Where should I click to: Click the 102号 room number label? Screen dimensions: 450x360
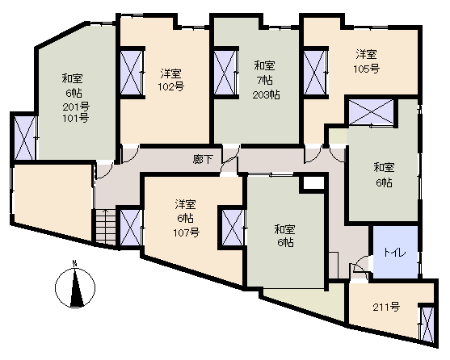click(171, 86)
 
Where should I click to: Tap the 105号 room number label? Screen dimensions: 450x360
click(367, 69)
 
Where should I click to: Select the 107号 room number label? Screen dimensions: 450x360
click(187, 232)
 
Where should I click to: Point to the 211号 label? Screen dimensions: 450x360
click(386, 307)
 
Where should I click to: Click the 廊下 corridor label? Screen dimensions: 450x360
click(203, 159)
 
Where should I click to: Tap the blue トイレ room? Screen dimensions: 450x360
click(395, 252)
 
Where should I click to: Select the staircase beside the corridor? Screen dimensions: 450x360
click(105, 228)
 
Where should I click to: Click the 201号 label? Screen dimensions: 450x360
click(76, 107)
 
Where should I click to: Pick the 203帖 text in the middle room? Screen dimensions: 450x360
click(266, 95)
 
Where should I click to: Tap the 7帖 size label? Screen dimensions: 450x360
click(265, 81)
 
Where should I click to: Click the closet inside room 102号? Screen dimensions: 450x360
click(131, 73)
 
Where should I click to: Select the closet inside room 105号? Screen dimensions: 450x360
click(315, 73)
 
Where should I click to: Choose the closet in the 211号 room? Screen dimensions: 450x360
click(427, 324)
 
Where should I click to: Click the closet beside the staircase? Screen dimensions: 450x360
click(131, 228)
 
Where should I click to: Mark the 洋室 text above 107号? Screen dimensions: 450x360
click(186, 205)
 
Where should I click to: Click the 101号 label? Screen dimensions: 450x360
click(75, 118)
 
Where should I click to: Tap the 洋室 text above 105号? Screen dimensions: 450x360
click(367, 54)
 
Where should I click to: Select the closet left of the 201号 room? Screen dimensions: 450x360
click(25, 137)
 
